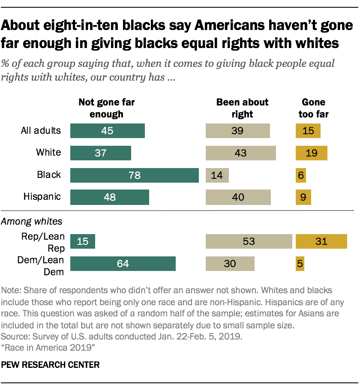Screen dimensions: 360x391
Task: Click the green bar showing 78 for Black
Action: pyautogui.click(x=134, y=175)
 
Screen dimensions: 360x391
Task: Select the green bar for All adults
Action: pyautogui.click(x=107, y=131)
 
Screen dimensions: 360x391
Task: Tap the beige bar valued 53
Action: pyautogui.click(x=249, y=241)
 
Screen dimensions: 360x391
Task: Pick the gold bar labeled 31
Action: pyautogui.click(x=321, y=241)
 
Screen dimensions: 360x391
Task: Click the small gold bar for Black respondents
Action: pyautogui.click(x=300, y=175)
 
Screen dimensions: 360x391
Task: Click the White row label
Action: pyautogui.click(x=48, y=152)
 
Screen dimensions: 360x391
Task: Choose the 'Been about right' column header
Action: pyautogui.click(x=242, y=108)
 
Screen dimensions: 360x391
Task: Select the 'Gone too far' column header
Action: pyautogui.click(x=313, y=108)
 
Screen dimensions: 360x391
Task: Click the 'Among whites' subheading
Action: pyautogui.click(x=32, y=221)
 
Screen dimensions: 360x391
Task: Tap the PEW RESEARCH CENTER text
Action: pyautogui.click(x=51, y=365)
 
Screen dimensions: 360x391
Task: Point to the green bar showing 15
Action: pyautogui.click(x=82, y=241)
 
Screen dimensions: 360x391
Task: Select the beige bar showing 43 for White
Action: pyautogui.click(x=240, y=153)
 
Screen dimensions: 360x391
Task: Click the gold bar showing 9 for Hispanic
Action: pyautogui.click(x=303, y=197)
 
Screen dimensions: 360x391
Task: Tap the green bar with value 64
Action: pyautogui.click(x=123, y=264)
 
